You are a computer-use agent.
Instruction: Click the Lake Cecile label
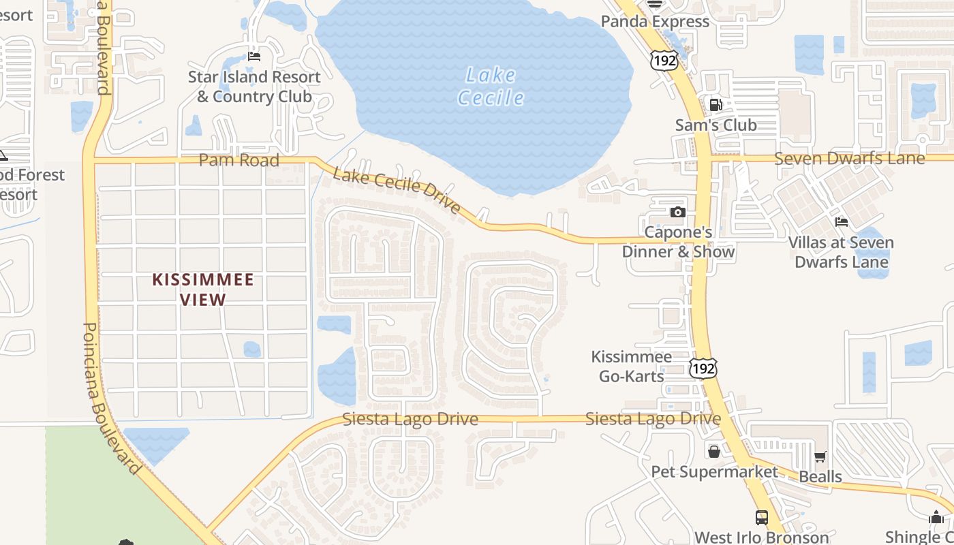point(491,87)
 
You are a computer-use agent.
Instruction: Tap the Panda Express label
point(655,22)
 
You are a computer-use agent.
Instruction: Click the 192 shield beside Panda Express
point(664,60)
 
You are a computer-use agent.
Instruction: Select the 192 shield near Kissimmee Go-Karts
point(703,369)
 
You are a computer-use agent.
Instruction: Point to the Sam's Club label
point(715,125)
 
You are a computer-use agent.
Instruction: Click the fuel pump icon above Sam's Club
point(715,105)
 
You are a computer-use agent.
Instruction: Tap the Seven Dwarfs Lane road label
point(850,159)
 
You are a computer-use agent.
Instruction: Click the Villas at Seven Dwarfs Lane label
point(841,252)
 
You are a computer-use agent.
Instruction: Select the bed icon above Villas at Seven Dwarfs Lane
point(842,222)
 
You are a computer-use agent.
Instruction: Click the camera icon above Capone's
point(677,212)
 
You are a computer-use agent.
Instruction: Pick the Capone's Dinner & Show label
point(678,242)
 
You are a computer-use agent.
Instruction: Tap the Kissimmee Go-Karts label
point(631,366)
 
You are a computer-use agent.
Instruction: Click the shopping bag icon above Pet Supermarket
point(713,451)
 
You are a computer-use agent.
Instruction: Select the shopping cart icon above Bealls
point(820,457)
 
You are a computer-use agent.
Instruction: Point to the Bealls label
point(820,476)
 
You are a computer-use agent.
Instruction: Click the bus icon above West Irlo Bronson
point(762,518)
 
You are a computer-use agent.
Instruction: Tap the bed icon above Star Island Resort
point(254,57)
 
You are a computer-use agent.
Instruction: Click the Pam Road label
point(238,161)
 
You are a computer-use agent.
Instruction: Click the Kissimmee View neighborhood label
point(203,289)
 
